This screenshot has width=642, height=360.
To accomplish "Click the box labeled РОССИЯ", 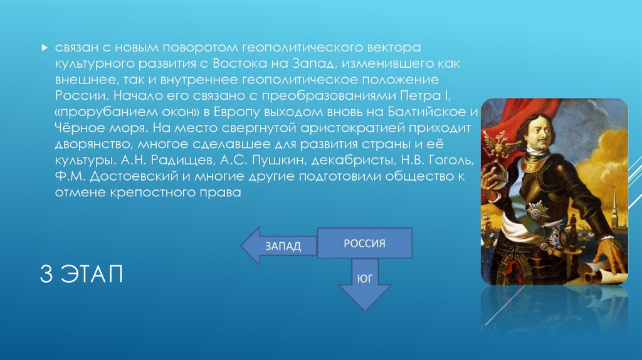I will point(364,243).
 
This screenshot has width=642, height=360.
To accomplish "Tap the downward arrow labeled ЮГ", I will point(364,282).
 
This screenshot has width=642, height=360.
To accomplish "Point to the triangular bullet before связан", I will point(43,48).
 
